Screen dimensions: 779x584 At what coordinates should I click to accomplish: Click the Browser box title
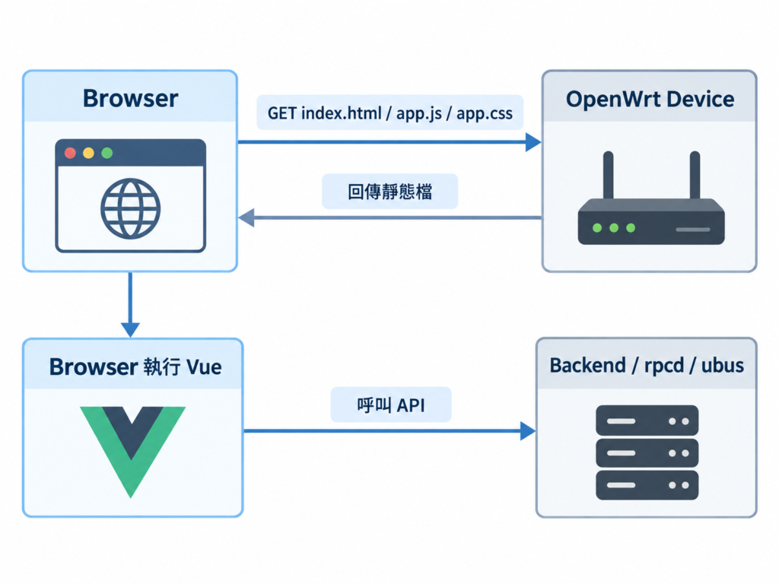(130, 98)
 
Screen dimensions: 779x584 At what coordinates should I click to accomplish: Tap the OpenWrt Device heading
(650, 100)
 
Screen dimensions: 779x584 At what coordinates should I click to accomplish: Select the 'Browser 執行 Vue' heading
(135, 367)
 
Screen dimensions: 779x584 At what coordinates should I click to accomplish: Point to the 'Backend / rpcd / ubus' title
(647, 366)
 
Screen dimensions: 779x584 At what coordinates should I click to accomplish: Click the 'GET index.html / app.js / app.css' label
(390, 113)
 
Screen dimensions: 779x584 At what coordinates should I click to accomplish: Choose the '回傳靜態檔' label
(390, 191)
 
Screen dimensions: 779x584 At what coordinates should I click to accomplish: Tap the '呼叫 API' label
(391, 405)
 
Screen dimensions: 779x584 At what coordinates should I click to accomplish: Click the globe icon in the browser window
(130, 208)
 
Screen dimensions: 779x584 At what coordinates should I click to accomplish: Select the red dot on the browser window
(71, 153)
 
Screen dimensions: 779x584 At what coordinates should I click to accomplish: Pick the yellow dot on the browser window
(88, 153)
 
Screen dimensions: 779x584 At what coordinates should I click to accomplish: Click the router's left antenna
(608, 176)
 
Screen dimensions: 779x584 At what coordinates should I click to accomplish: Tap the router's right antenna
(695, 176)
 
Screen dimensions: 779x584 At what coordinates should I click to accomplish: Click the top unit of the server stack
(647, 421)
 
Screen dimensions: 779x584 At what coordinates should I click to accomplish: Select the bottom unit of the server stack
(647, 485)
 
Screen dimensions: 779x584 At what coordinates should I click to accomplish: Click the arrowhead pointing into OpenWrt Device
(533, 142)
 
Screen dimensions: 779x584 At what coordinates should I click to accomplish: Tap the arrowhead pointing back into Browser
(246, 217)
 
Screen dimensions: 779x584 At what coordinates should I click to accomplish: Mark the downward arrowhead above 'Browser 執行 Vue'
(130, 330)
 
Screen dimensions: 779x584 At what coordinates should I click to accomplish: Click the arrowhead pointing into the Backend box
(528, 430)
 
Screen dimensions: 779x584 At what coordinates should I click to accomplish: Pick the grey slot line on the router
(693, 230)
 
